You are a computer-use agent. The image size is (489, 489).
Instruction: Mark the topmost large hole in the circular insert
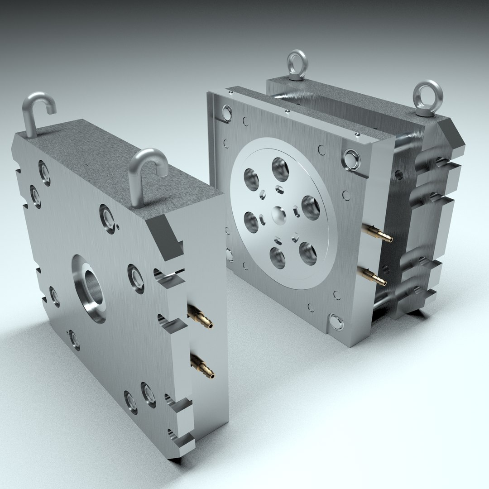click(280, 169)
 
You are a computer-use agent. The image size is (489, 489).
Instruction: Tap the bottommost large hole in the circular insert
click(278, 257)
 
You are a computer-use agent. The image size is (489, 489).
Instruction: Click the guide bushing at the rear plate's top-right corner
click(351, 158)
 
